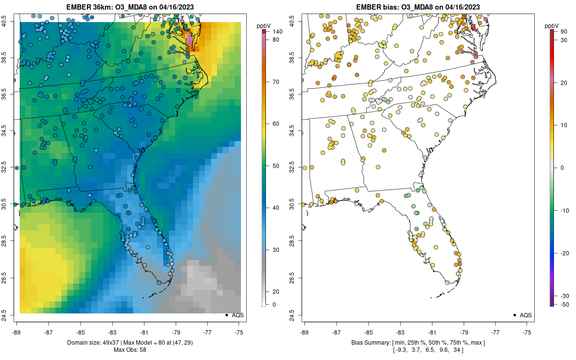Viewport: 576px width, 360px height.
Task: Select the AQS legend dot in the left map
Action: (226, 315)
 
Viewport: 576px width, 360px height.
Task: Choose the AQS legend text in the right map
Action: (526, 315)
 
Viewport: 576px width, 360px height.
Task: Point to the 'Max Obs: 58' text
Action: (130, 349)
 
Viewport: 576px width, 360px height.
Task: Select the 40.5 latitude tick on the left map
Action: (11, 22)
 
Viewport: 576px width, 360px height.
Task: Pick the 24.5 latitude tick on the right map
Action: (297, 315)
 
